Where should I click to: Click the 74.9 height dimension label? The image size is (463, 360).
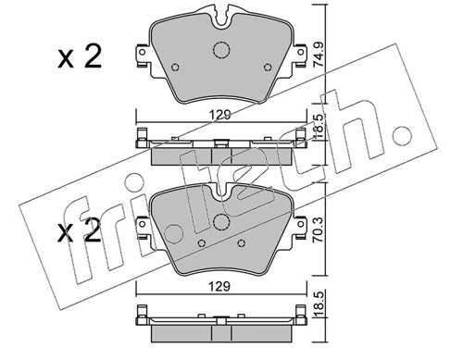tap(319, 54)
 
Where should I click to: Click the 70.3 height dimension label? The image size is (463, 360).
tap(319, 230)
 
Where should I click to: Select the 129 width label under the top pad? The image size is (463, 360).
tap(220, 115)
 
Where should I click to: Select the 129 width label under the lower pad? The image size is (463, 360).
tap(219, 287)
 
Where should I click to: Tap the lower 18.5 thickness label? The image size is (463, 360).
tap(319, 304)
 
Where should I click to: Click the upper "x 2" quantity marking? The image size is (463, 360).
tap(80, 56)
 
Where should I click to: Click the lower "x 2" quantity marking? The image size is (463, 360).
tap(80, 230)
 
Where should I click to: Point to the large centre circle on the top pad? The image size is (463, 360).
tap(221, 50)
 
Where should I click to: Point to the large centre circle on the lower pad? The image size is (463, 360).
tap(221, 222)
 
